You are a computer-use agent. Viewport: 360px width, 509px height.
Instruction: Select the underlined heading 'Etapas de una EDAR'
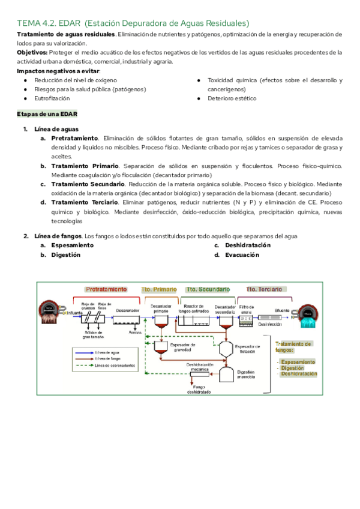46,113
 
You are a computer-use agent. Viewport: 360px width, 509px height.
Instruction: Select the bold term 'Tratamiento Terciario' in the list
86,202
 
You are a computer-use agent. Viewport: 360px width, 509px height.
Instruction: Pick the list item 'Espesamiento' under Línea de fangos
72,245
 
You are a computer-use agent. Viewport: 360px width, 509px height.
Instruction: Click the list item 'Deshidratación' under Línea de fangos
247,245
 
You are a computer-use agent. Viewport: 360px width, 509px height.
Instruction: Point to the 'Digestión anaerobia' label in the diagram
245,375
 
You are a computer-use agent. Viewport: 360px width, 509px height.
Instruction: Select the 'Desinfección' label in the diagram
269,324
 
